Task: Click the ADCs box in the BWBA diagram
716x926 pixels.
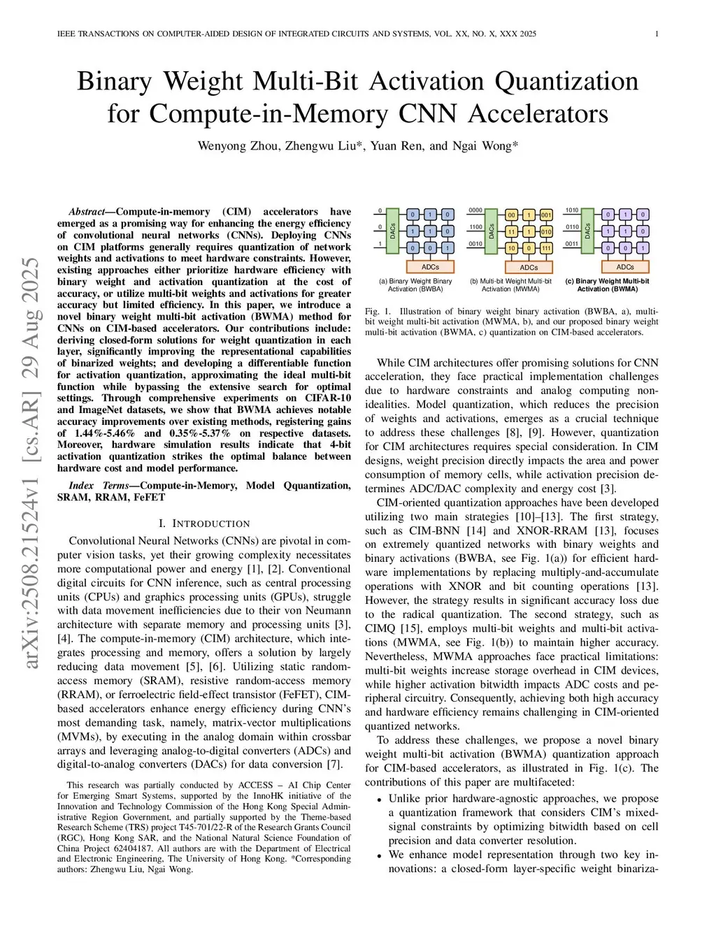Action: (430, 266)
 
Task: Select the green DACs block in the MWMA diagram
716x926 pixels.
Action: (491, 231)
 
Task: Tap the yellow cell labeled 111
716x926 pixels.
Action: (546, 248)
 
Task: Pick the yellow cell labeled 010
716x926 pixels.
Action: (546, 231)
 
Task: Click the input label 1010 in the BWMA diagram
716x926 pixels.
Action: (572, 210)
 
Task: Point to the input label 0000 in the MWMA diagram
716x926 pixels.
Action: (475, 210)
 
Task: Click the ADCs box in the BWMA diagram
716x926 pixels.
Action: (625, 266)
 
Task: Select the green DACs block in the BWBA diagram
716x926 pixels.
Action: (393, 231)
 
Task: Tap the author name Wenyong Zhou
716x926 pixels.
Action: (238, 146)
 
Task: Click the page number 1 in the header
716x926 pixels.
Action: (658, 34)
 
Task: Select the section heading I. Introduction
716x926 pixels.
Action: (204, 523)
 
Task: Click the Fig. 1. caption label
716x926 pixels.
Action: (376, 311)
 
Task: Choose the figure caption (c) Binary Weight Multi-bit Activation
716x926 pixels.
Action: (607, 285)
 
